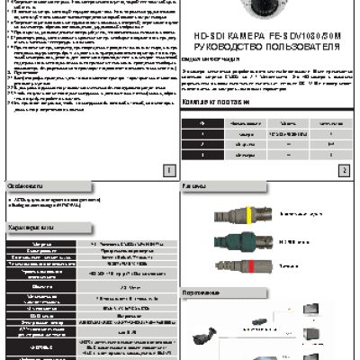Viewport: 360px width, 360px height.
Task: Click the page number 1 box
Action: (167, 169)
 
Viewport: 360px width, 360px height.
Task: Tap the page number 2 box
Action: (344, 169)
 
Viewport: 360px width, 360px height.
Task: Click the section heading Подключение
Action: (200, 293)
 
